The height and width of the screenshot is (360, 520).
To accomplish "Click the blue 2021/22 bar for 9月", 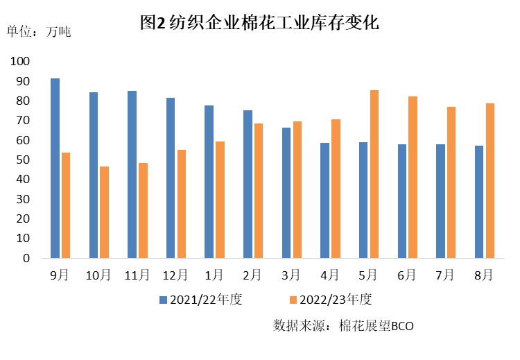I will click(55, 168).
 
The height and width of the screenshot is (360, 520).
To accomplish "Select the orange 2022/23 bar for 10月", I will click(104, 212).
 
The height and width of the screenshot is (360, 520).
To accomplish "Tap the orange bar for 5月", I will click(374, 174).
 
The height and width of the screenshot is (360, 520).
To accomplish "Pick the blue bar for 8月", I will click(479, 202).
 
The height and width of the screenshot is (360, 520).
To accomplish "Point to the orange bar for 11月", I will click(143, 210).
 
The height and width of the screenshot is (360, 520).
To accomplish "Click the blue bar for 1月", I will click(209, 182).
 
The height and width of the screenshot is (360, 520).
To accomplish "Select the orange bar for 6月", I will click(413, 177).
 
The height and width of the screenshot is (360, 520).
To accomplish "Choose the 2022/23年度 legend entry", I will click(331, 300).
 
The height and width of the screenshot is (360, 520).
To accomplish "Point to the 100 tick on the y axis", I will click(21, 62).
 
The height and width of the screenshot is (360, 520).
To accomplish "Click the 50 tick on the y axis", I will click(24, 160).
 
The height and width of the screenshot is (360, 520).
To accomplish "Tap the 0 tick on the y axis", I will click(26, 258).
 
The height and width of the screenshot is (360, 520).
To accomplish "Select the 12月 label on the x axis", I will click(175, 275).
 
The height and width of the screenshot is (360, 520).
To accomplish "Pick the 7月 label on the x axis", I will click(445, 275).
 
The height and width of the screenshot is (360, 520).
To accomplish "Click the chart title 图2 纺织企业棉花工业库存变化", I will click(259, 23).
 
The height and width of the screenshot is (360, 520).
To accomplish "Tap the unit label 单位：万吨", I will click(39, 31).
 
